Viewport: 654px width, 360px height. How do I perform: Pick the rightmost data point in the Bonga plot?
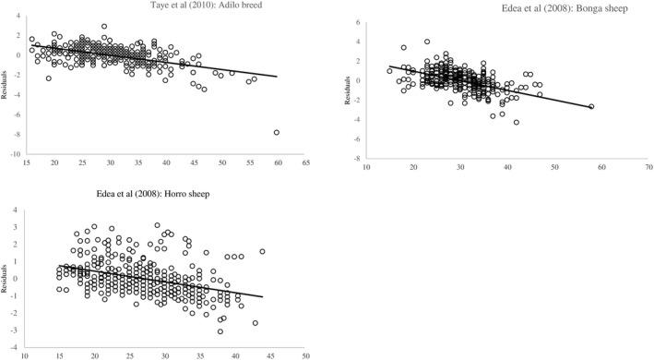pyautogui.click(x=591, y=107)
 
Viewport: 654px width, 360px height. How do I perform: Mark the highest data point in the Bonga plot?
pyautogui.click(x=427, y=42)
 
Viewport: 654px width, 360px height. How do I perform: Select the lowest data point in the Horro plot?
pyautogui.click(x=220, y=331)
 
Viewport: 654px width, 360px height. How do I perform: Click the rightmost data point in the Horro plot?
pyautogui.click(x=262, y=251)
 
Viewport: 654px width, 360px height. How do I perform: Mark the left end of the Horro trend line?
pyautogui.click(x=59, y=266)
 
